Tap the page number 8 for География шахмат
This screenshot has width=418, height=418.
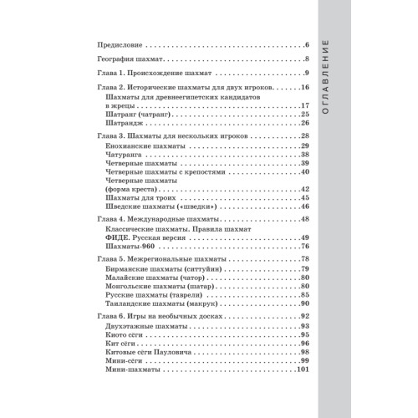coord(308,59)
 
